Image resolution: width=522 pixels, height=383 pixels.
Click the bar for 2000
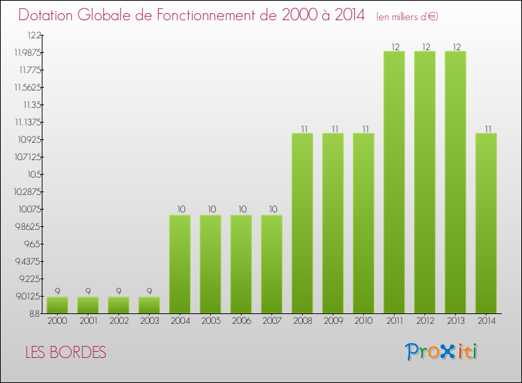(x=58, y=305)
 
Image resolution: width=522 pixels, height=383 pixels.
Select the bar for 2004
(x=180, y=264)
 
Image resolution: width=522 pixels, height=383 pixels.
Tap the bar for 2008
(x=302, y=223)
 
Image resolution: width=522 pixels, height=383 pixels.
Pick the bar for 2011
(x=394, y=182)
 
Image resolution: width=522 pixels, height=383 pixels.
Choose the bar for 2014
(x=486, y=223)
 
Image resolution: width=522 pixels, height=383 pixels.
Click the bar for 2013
(x=455, y=182)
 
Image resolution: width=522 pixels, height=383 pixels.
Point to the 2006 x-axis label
(x=241, y=322)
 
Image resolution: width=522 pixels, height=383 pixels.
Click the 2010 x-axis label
(x=363, y=322)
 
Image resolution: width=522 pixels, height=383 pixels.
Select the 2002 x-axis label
(x=118, y=322)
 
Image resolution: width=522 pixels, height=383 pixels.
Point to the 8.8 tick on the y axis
(x=34, y=313)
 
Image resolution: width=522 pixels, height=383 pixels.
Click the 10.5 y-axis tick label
(x=33, y=174)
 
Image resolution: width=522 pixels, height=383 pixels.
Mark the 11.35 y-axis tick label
(x=31, y=104)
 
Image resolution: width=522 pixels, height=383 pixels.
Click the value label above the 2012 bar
(x=425, y=47)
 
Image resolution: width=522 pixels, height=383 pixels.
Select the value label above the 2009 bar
(x=333, y=128)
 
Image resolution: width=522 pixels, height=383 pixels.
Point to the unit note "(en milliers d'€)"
(x=407, y=17)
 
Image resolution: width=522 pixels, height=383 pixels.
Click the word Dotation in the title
(x=49, y=15)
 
